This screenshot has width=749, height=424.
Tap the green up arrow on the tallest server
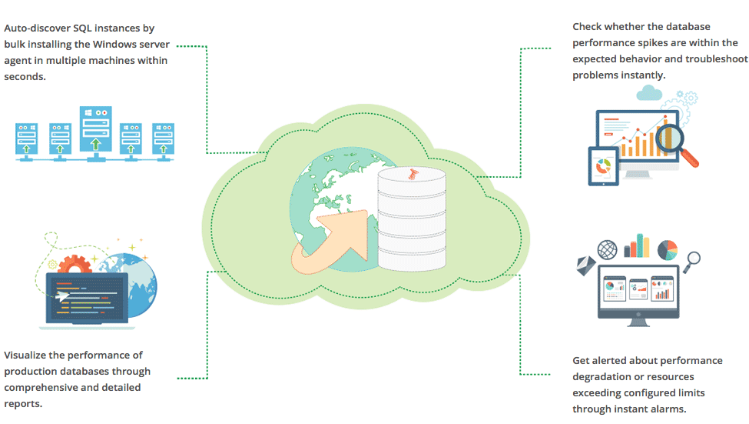click(x=94, y=143)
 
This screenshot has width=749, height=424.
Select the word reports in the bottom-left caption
click(x=23, y=404)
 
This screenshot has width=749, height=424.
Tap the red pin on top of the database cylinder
click(x=412, y=174)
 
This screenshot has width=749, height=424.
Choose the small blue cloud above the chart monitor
click(x=649, y=94)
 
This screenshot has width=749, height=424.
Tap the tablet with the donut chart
click(x=603, y=165)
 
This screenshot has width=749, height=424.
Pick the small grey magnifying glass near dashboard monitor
click(x=693, y=259)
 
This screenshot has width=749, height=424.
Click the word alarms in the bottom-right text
click(x=668, y=409)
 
